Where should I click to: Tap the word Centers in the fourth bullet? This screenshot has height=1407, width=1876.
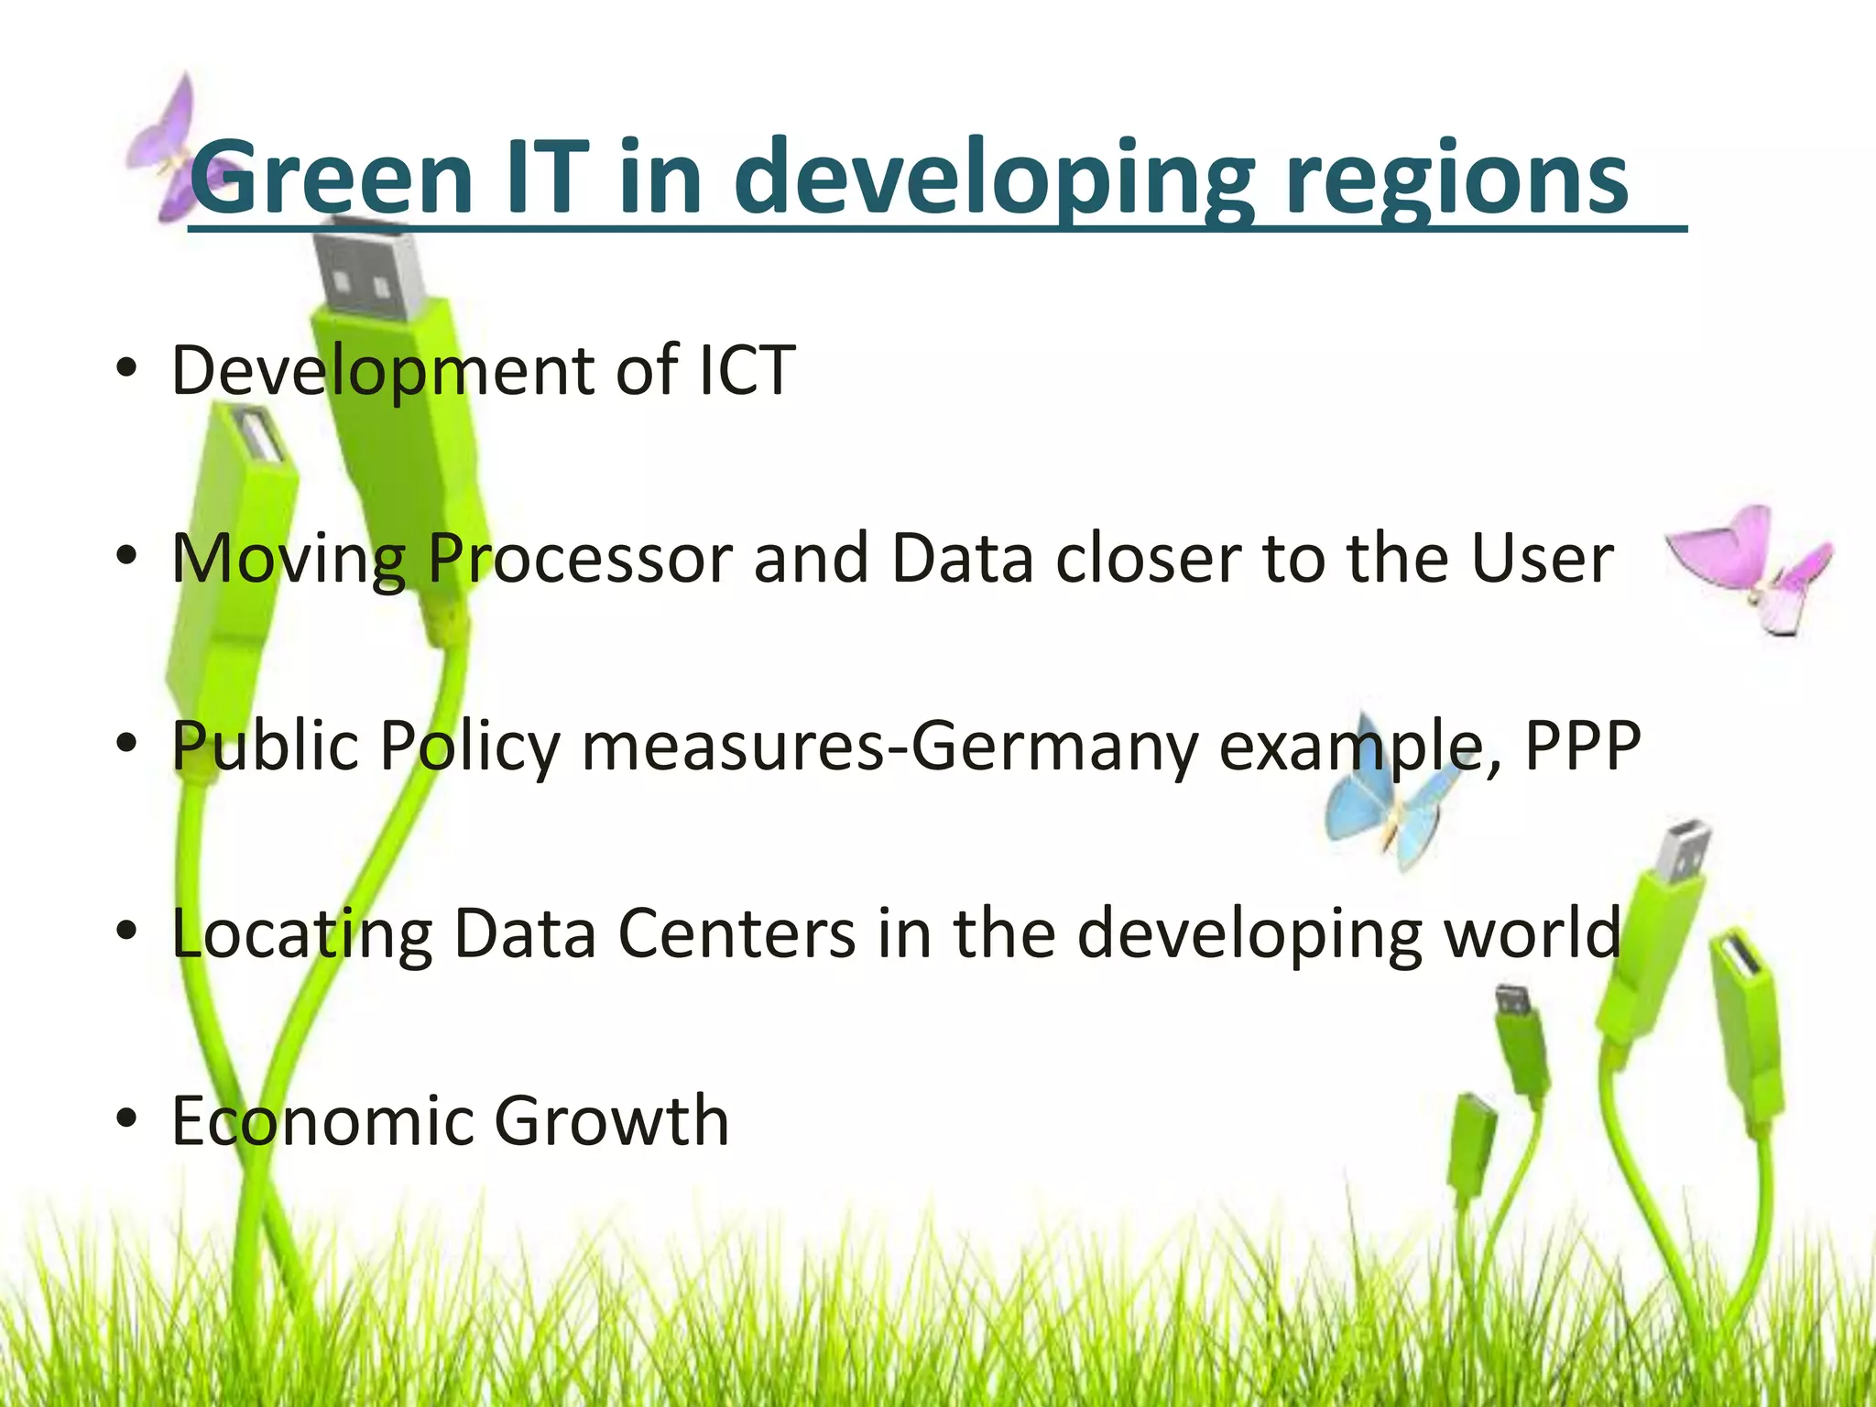click(x=736, y=933)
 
